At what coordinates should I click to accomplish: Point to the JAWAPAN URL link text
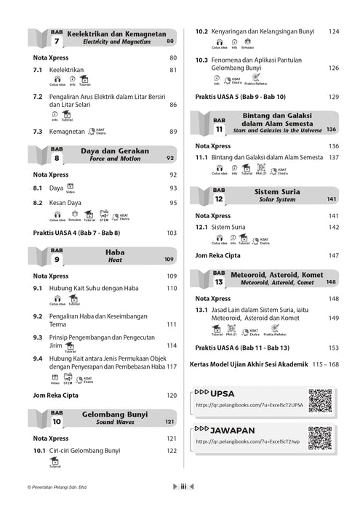(x=241, y=441)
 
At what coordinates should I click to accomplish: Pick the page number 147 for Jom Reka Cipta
(x=333, y=255)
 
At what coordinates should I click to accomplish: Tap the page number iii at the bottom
(x=185, y=488)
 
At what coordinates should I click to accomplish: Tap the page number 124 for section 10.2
(x=333, y=31)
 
